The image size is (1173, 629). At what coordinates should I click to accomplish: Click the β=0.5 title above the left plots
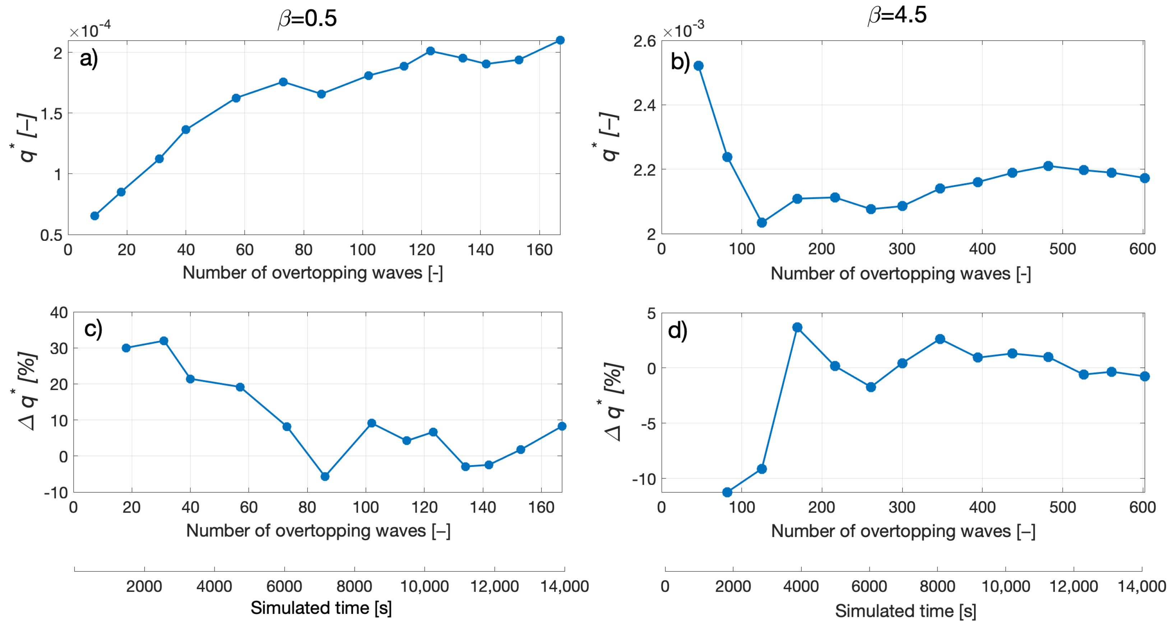308,19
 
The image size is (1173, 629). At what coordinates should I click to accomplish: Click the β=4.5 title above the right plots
897,15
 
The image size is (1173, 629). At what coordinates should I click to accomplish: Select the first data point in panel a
95,216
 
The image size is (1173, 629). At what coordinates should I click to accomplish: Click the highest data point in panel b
699,66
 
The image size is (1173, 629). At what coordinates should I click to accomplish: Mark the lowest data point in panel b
761,222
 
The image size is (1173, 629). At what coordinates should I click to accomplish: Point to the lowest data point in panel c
325,476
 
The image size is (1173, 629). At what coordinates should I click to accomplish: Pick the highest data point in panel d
797,327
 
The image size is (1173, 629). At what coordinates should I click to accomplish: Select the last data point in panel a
560,40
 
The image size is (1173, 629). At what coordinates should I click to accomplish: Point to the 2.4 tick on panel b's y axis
644,105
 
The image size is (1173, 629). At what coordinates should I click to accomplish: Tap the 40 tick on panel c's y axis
59,313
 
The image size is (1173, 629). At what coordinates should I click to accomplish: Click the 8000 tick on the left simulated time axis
354,586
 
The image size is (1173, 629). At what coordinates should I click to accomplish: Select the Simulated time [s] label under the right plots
905,611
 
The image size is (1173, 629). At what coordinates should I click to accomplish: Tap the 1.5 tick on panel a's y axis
51,114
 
